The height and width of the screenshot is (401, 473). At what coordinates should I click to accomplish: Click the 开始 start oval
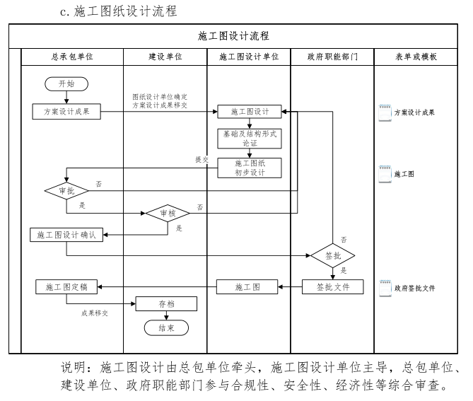pyautogui.click(x=66, y=83)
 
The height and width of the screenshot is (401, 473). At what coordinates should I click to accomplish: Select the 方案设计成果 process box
pyautogui.click(x=66, y=111)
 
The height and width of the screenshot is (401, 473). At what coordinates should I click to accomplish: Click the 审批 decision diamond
pyautogui.click(x=66, y=191)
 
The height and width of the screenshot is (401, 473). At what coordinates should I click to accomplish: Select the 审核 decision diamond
pyautogui.click(x=167, y=213)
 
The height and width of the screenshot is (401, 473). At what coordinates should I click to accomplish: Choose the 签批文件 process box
pyautogui.click(x=332, y=286)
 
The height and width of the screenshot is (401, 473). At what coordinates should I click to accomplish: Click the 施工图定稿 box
pyautogui.click(x=66, y=286)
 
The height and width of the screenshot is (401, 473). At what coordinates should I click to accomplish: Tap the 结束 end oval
pyautogui.click(x=166, y=328)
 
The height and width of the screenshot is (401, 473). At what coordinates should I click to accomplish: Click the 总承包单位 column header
pyautogui.click(x=72, y=56)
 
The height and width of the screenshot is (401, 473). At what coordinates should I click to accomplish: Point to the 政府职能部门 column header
pyautogui.click(x=332, y=56)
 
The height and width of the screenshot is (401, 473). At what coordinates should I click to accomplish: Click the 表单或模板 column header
pyautogui.click(x=416, y=56)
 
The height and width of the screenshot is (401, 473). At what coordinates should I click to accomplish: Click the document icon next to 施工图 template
pyautogui.click(x=385, y=173)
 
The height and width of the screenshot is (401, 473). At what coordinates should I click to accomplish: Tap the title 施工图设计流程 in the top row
pyautogui.click(x=233, y=35)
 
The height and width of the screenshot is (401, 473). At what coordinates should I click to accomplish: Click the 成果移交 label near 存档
pyautogui.click(x=94, y=311)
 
